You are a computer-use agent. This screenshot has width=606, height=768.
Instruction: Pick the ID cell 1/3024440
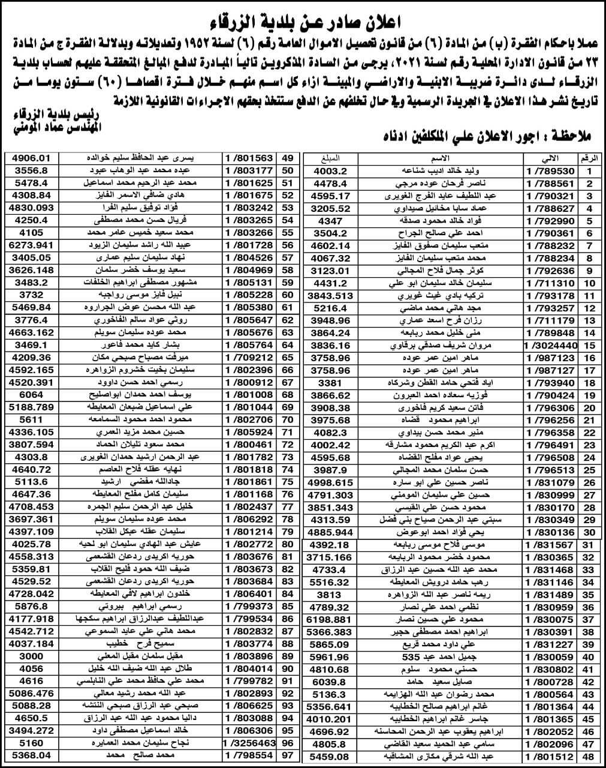549,345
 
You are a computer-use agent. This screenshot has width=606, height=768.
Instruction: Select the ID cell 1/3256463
248,742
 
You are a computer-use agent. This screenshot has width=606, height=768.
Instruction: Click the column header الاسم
442,158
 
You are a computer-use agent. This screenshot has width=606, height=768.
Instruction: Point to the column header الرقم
589,158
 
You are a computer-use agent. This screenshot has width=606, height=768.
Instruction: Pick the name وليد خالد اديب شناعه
442,171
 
